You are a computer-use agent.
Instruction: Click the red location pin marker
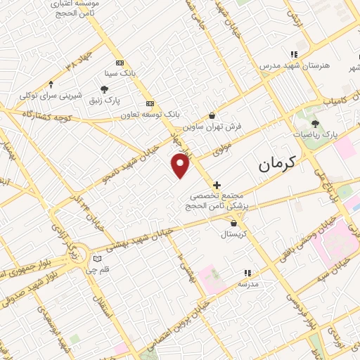pyautogui.click(x=181, y=166)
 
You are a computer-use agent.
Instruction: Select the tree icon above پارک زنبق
pyautogui.click(x=105, y=89)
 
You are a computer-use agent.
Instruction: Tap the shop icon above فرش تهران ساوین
pyautogui.click(x=212, y=115)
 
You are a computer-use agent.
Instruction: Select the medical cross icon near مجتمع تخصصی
pyautogui.click(x=217, y=185)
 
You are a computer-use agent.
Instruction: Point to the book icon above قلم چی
pyautogui.click(x=97, y=259)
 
